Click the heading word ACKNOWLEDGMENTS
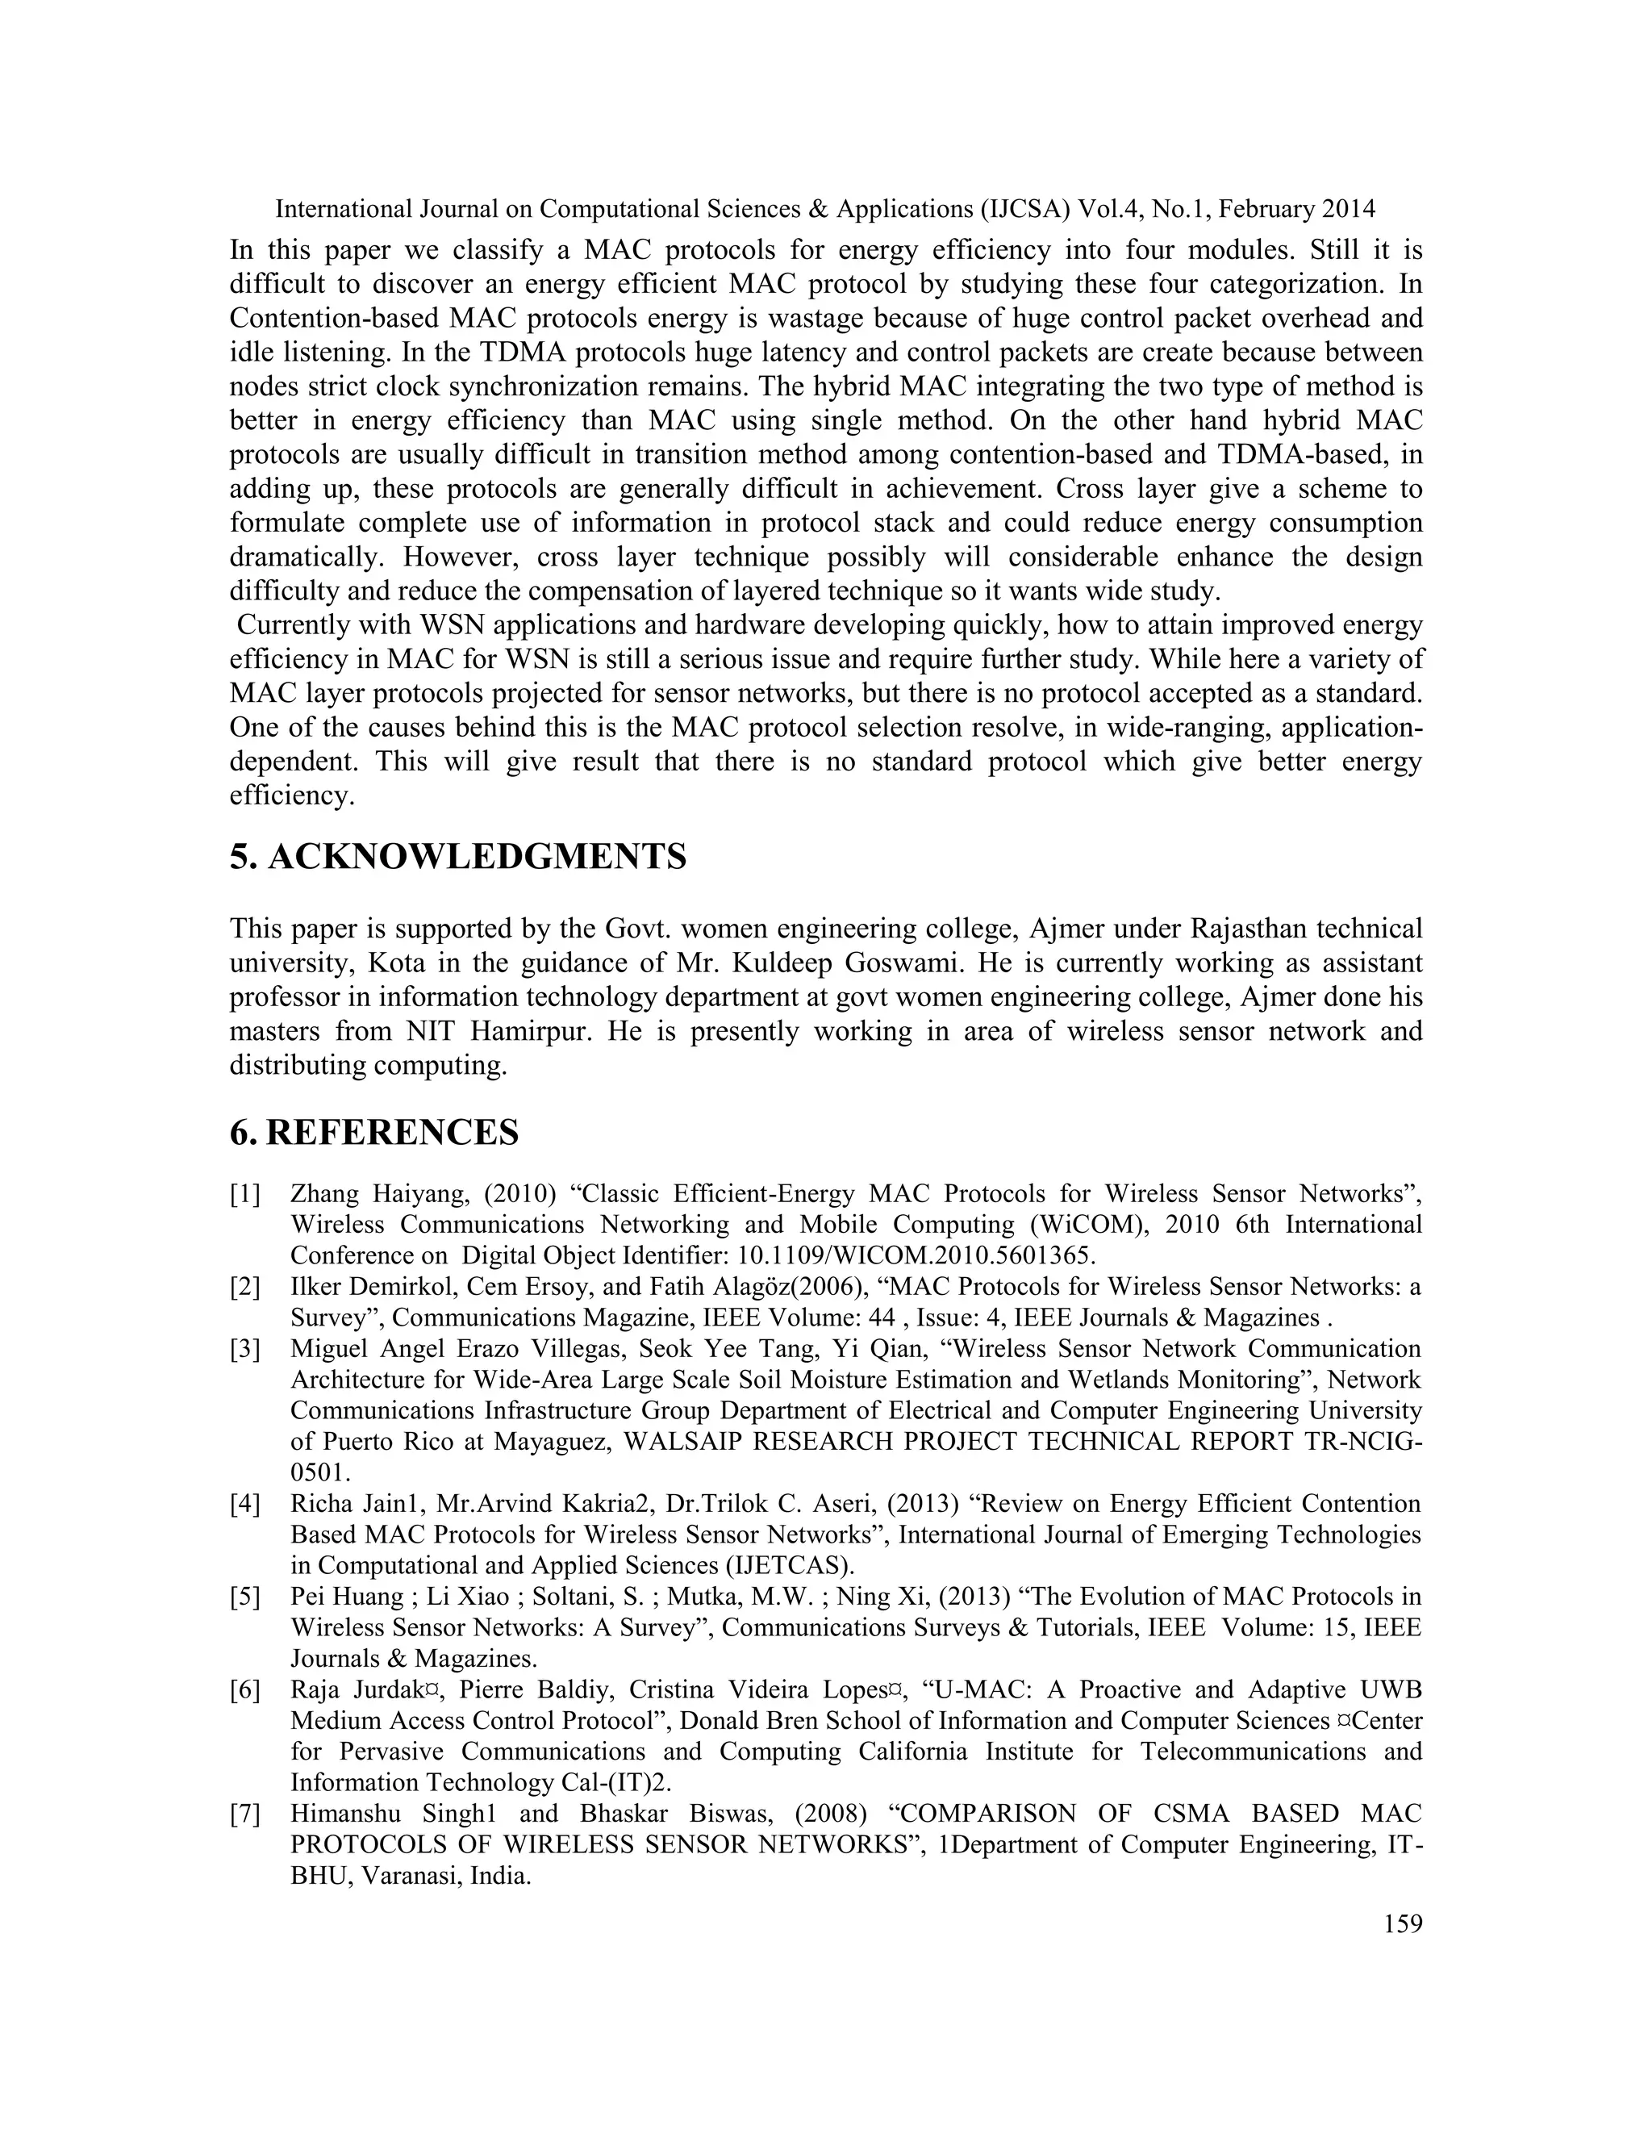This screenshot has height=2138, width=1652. tap(477, 858)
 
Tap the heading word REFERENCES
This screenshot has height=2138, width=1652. tap(391, 1133)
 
